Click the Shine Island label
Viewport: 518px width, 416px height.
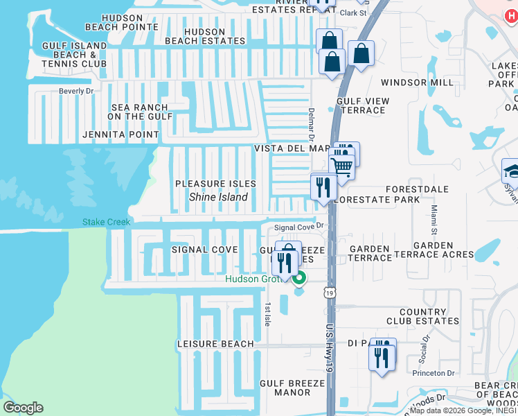(x=219, y=197)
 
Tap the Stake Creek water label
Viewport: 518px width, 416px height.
(x=106, y=223)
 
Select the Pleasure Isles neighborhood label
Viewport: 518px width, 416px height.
(x=215, y=184)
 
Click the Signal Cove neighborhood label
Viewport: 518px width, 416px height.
(x=204, y=250)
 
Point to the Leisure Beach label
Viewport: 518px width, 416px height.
(x=215, y=344)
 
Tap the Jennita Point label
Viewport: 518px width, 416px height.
(x=120, y=135)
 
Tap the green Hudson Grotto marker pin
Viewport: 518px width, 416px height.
(x=299, y=279)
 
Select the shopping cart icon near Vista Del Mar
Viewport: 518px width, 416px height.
(x=341, y=165)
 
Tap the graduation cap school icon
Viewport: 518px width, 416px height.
(x=511, y=171)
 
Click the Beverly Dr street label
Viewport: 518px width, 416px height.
(x=76, y=91)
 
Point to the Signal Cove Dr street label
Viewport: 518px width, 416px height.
(x=299, y=227)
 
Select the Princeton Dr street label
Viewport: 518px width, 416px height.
(x=432, y=372)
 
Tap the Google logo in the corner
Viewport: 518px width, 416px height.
(x=23, y=408)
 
